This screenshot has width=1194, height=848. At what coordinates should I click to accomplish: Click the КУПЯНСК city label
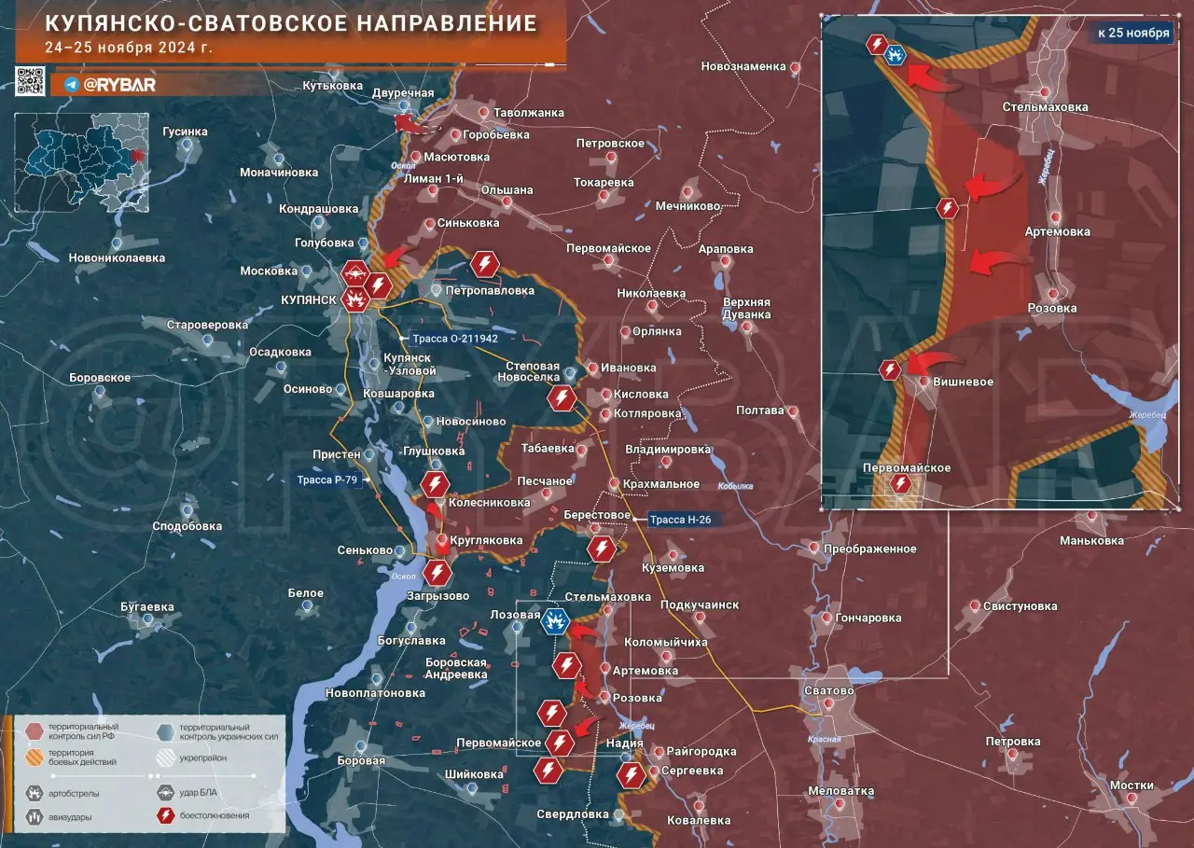coord(307,300)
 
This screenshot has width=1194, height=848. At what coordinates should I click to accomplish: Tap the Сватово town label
coord(827,691)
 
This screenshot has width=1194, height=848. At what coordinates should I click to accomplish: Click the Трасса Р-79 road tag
coord(327,480)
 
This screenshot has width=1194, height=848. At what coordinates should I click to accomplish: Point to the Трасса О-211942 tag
coord(454,339)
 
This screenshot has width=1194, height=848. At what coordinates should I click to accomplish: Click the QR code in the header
coord(30,82)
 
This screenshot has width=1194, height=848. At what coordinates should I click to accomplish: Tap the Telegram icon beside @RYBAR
coord(71,85)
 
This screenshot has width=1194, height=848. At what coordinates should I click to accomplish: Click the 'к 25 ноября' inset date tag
coord(1132,33)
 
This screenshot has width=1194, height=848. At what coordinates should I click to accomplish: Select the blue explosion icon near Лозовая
coord(556,620)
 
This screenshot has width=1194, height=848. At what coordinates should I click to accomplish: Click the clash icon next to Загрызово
coord(437,572)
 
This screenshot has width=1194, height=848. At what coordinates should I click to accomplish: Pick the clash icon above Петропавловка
coord(485,264)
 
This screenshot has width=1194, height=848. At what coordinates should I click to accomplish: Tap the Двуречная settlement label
coord(403,93)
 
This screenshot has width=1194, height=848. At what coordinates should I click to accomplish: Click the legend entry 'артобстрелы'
coord(76,794)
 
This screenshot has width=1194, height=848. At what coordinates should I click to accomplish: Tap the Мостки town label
coord(1131,785)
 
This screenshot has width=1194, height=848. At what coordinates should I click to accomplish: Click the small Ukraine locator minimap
coord(81,161)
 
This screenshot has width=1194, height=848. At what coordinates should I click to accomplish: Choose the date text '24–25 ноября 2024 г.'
coord(128,48)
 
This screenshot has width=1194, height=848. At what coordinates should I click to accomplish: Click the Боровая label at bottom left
coord(361,761)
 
